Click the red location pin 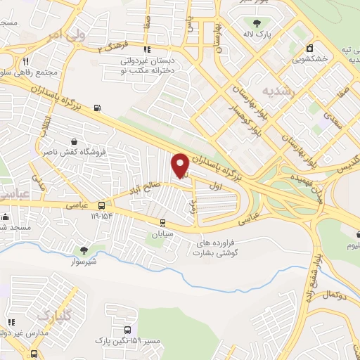[180, 165]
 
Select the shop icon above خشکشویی [309, 49]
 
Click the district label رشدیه [276, 91]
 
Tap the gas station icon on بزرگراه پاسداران [96, 108]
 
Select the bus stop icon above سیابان [162, 222]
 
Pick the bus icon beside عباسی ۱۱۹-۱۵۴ [102, 205]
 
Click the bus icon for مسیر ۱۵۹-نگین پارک [127, 329]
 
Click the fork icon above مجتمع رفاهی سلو [25, 62]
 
